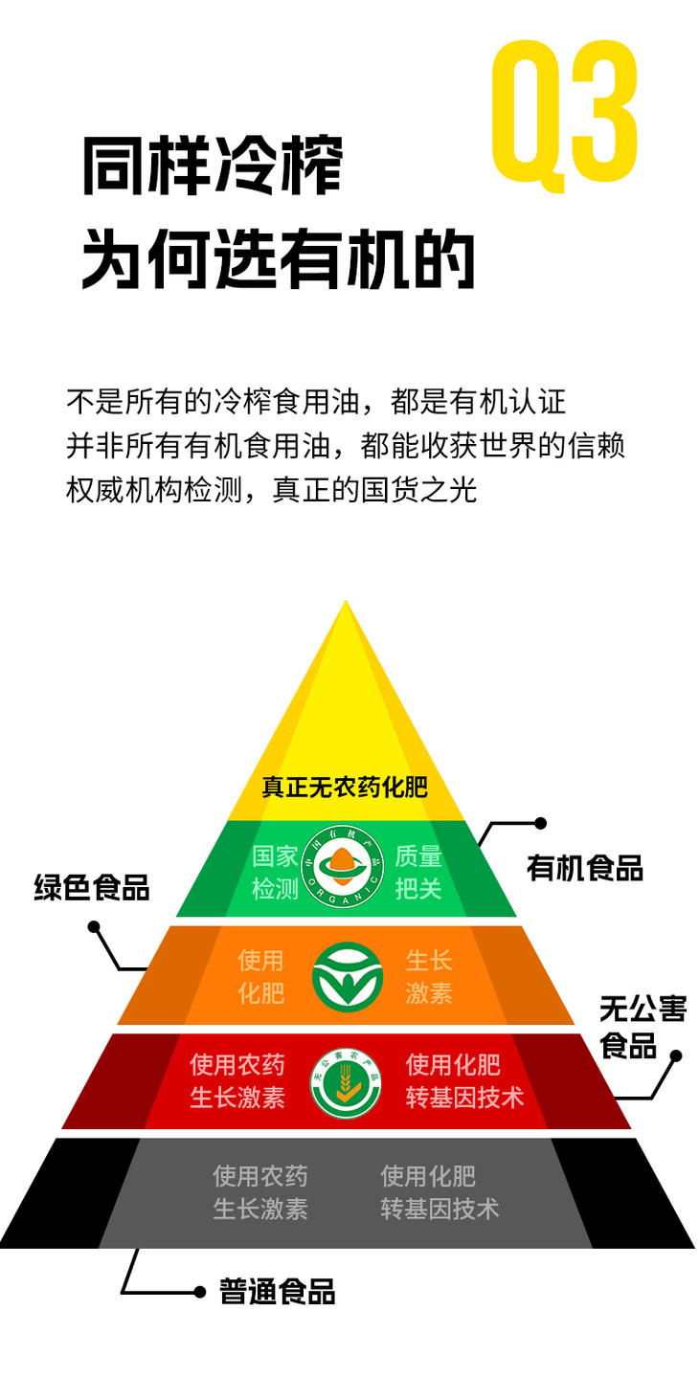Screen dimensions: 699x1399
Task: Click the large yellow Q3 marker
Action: click(565, 112)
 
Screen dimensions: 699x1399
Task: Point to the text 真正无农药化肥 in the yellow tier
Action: click(345, 788)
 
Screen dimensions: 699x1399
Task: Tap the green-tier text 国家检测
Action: click(276, 872)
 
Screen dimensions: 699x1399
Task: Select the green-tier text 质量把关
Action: click(418, 872)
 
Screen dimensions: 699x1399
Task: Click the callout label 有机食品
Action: click(584, 867)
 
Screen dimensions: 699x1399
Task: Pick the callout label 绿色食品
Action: click(92, 886)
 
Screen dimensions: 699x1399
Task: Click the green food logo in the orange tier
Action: click(347, 976)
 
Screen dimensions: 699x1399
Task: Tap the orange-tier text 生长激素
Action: click(429, 976)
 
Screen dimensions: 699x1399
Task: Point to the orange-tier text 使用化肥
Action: click(261, 976)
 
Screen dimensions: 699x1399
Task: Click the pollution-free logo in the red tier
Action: click(346, 1083)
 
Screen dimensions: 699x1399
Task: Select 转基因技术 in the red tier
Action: click(464, 1097)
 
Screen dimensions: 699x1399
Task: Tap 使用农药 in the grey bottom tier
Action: click(260, 1175)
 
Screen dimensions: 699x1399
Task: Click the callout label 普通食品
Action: click(277, 1291)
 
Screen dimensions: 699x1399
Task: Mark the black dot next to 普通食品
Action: click(199, 1292)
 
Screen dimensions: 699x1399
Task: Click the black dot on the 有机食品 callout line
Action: click(540, 823)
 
